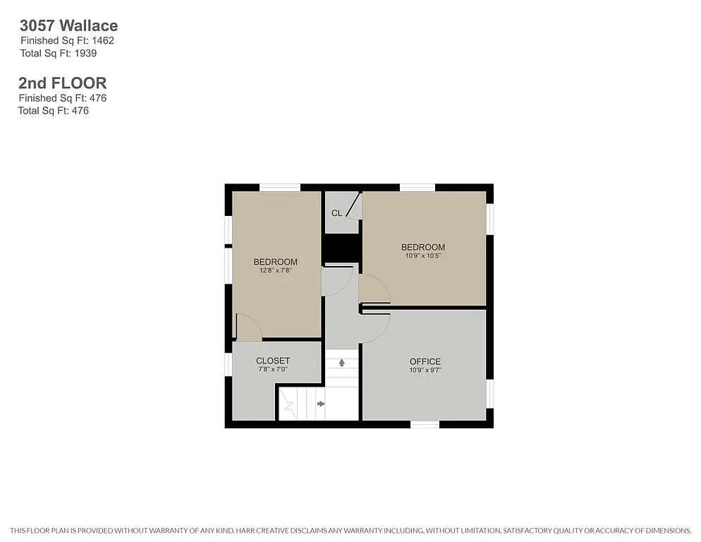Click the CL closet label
coord(336,212)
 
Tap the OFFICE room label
coord(425,361)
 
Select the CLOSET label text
coord(272,361)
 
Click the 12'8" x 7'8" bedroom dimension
coord(275,270)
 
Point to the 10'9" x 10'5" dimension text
coord(423,255)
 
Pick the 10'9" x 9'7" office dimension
coord(425,370)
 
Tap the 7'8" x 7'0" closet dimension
coord(272,370)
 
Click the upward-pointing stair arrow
coord(342,363)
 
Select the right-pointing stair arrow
coord(321,404)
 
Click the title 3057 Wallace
coord(68,27)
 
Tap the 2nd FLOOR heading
coord(63,84)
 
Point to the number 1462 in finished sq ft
coord(102,40)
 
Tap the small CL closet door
coord(354,207)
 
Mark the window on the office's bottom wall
coord(425,424)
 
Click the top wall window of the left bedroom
coord(280,187)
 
